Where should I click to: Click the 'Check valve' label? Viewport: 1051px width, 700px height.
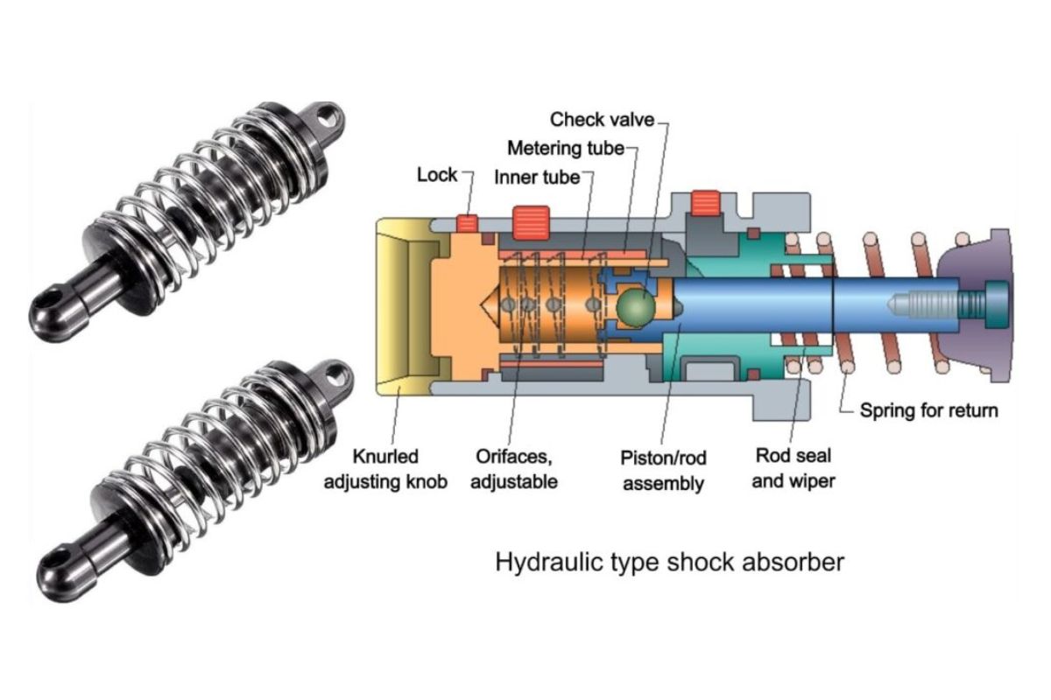pos(602,119)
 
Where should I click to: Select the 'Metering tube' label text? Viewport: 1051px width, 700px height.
pos(566,148)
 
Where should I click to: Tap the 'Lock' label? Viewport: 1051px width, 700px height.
pos(437,175)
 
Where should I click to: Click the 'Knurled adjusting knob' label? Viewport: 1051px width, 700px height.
pos(386,469)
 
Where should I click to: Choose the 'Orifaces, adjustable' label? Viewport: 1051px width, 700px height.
pos(514,469)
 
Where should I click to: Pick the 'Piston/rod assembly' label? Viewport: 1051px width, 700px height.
pos(663,470)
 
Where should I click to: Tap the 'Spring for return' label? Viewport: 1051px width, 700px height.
pos(928,409)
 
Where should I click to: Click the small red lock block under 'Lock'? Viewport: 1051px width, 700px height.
pos(468,223)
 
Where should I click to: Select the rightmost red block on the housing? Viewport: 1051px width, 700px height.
pos(705,203)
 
